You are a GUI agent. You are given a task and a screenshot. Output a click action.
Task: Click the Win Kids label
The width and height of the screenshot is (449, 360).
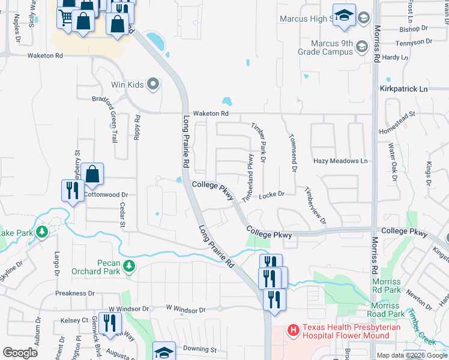pyautogui.click(x=127, y=85)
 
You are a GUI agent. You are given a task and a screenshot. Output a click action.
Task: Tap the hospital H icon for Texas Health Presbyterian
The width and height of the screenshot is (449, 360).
pyautogui.click(x=293, y=329)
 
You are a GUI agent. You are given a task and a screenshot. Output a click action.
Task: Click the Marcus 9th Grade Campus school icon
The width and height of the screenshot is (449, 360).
pyautogui.click(x=361, y=46)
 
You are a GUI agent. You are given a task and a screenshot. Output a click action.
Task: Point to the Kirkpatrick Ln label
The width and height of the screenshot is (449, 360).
pyautogui.click(x=404, y=89)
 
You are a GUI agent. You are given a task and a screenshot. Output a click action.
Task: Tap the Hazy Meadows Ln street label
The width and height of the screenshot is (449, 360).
pyautogui.click(x=340, y=161)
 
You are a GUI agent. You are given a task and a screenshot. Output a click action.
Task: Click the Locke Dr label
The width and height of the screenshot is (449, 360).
pyautogui.click(x=271, y=195)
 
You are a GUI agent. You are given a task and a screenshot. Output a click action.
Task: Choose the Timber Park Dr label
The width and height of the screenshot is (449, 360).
pyautogui.click(x=262, y=143)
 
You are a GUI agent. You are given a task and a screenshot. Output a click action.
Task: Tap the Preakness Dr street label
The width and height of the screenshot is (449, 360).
pyautogui.click(x=75, y=293)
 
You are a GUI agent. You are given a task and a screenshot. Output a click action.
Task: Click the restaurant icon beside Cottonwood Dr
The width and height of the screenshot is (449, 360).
pyautogui.click(x=73, y=191)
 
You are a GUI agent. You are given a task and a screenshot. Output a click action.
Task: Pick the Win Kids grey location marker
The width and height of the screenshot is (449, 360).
pyautogui.click(x=153, y=85)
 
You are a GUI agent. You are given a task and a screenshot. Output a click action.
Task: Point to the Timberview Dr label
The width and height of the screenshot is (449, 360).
pyautogui.click(x=315, y=206)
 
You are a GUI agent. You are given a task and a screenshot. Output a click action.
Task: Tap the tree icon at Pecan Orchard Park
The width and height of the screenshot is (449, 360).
pyautogui.click(x=128, y=266)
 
